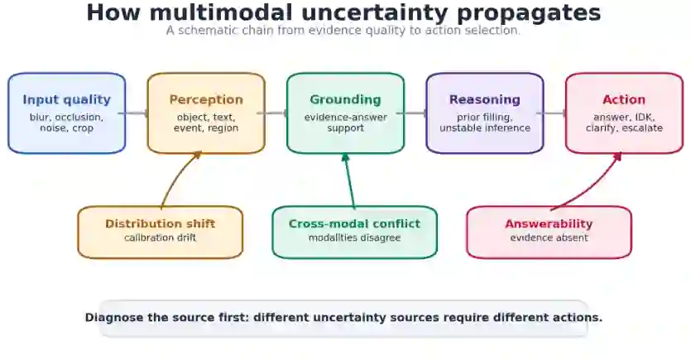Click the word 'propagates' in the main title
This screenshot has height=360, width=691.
tap(528, 13)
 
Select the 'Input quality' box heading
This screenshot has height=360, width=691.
tap(66, 99)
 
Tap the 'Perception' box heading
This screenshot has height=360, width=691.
tap(206, 99)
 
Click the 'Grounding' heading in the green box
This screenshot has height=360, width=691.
tap(346, 99)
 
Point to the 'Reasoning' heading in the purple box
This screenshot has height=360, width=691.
tap(485, 99)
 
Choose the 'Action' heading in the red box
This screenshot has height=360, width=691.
tap(624, 99)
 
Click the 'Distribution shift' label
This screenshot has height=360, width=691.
tap(161, 223)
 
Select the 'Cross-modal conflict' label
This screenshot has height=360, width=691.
tap(355, 223)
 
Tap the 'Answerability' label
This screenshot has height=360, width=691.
tap(549, 224)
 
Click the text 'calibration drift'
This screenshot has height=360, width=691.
tap(161, 238)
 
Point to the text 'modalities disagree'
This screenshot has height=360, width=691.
tap(355, 238)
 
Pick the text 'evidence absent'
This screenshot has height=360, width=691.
tap(549, 238)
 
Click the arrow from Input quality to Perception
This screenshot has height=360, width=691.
tap(132, 113)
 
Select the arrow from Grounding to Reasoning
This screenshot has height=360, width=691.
tap(411, 113)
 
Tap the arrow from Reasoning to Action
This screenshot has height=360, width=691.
tap(551, 113)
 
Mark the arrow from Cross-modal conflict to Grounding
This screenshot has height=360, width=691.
tap(349, 180)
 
